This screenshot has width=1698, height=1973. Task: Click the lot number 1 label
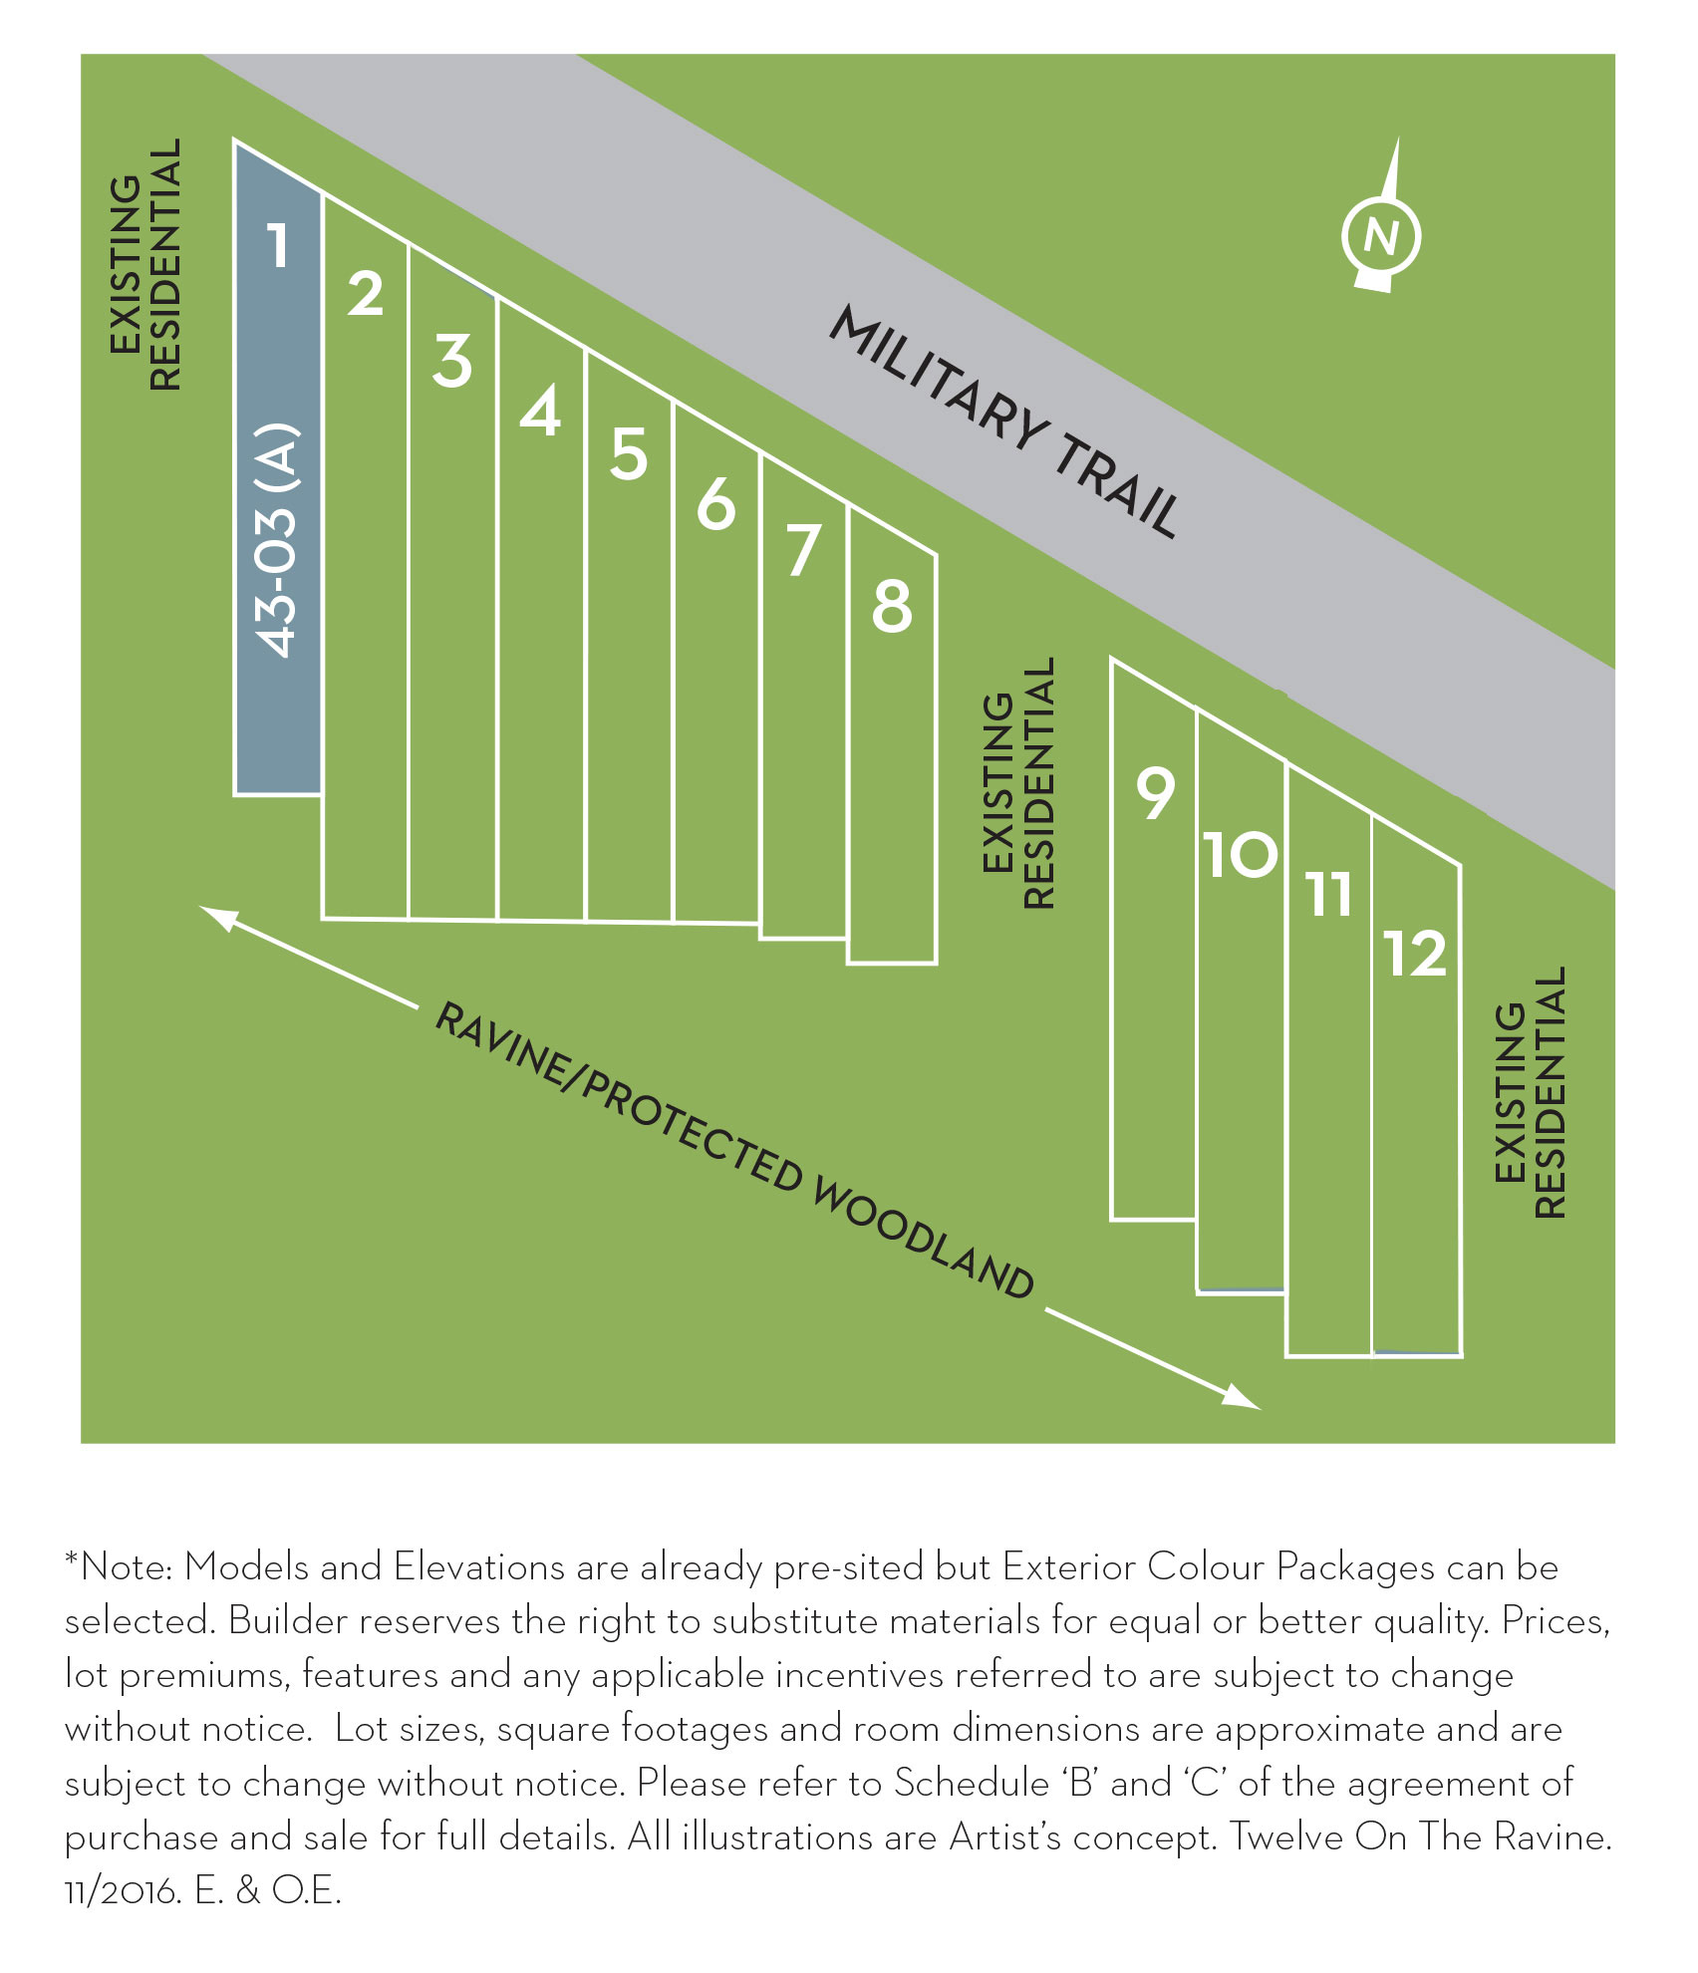click(279, 245)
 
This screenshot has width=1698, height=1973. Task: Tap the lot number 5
click(629, 454)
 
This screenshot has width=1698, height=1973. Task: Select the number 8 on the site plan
click(892, 606)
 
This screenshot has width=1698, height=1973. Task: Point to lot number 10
click(1240, 855)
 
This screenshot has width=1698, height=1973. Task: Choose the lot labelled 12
click(1415, 954)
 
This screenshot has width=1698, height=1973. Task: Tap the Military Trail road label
click(1004, 421)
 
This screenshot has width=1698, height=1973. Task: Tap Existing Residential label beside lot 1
click(145, 264)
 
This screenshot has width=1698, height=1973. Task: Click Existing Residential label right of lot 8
click(1017, 782)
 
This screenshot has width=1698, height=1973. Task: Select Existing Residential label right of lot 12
click(1531, 1092)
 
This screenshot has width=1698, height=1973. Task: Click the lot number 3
click(452, 361)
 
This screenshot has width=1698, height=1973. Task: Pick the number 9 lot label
click(1156, 793)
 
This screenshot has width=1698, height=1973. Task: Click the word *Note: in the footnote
click(119, 1567)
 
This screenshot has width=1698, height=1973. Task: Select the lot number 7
click(803, 551)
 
